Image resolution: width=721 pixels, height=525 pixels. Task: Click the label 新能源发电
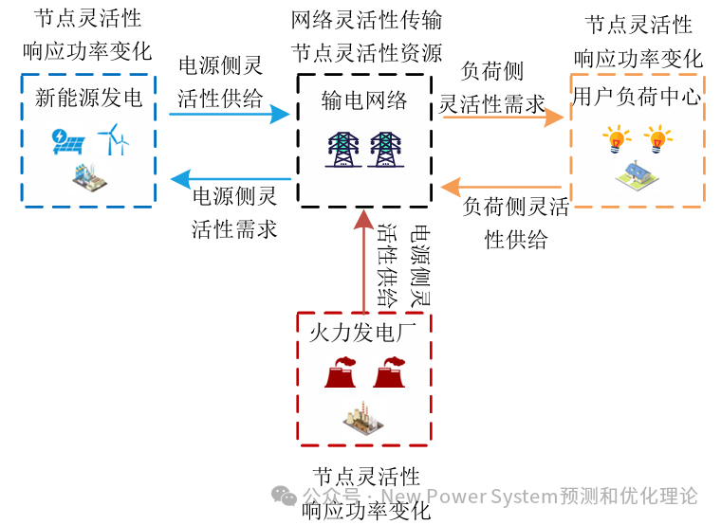[88, 98]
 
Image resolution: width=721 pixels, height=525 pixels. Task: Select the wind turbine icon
[115, 139]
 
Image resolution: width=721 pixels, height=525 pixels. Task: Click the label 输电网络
[364, 100]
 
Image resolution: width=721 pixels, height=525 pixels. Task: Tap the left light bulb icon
[617, 141]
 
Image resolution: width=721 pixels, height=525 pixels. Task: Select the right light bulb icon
[658, 141]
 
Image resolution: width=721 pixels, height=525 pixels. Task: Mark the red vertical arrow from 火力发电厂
[364, 260]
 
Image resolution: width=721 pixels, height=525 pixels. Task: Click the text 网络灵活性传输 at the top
[366, 19]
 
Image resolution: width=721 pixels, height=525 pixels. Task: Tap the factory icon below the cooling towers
[363, 419]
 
